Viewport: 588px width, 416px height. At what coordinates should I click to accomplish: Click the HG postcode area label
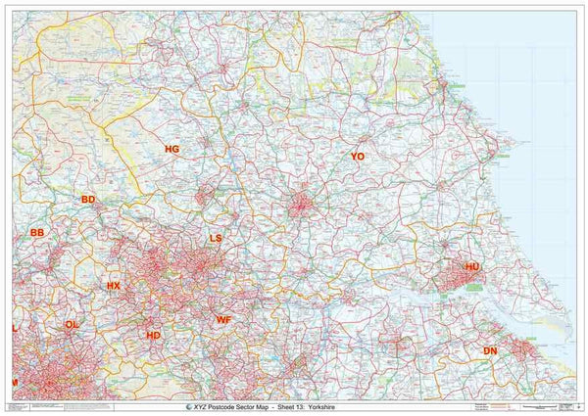(x=172, y=149)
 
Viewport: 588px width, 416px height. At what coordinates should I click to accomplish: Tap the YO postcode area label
(x=358, y=157)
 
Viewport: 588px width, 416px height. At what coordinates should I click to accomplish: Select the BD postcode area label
(x=88, y=199)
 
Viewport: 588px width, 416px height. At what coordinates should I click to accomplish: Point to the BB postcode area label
(x=37, y=233)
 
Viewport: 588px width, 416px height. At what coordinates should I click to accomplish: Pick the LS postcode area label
(x=217, y=238)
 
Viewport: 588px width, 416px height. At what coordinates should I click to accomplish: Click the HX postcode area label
(x=114, y=286)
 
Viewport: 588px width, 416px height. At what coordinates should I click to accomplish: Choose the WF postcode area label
(x=223, y=319)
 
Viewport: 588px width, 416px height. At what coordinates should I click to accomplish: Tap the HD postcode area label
(x=153, y=335)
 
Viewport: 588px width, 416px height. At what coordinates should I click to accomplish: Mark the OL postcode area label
(x=71, y=324)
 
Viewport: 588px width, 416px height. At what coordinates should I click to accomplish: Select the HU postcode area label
(x=472, y=266)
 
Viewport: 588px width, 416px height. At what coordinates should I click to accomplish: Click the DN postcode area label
(x=490, y=350)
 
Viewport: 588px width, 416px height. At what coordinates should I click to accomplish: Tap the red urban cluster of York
(x=302, y=205)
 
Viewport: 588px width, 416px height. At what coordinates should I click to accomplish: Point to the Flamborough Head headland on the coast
(x=501, y=153)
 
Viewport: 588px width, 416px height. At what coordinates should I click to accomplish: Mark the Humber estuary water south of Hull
(x=461, y=294)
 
